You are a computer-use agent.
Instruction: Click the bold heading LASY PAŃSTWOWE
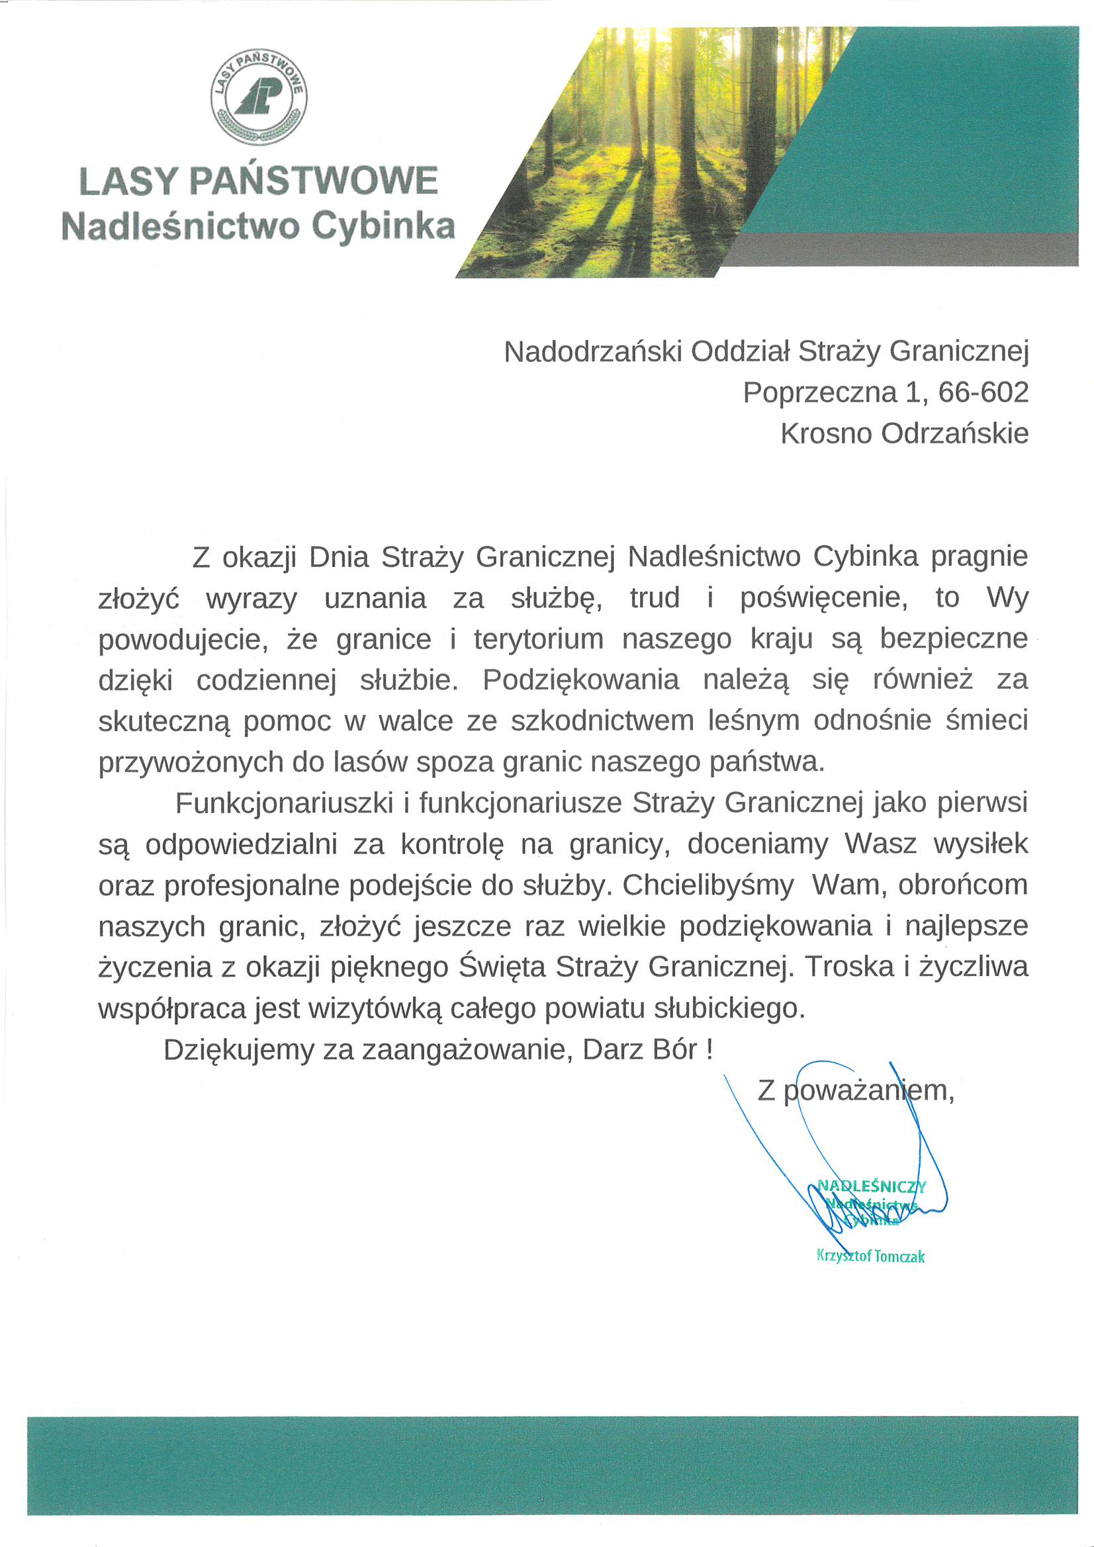click(x=259, y=181)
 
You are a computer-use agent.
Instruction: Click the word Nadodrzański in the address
click(x=593, y=351)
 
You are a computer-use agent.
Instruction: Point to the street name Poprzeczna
click(x=819, y=392)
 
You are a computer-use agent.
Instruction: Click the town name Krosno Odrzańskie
click(x=905, y=433)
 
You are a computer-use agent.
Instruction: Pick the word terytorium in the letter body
click(x=538, y=639)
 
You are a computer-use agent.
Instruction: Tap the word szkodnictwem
click(x=602, y=721)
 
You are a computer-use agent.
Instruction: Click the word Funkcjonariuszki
click(x=284, y=803)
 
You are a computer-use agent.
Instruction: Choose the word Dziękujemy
click(x=239, y=1049)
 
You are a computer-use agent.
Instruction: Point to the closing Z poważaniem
click(x=855, y=1090)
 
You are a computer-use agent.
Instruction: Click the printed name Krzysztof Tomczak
click(x=870, y=1256)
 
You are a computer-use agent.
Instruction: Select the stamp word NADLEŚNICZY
click(x=871, y=1186)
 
